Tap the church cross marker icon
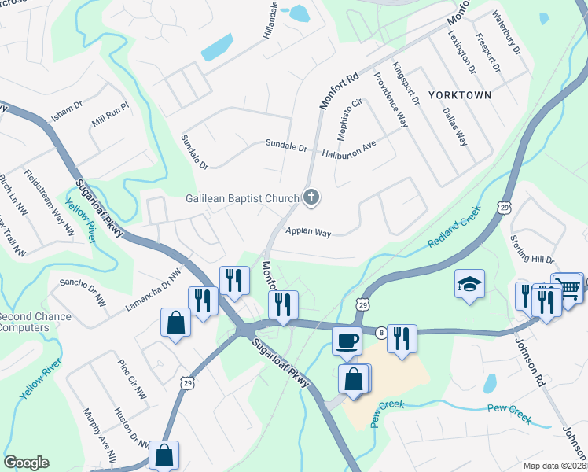pos(311,197)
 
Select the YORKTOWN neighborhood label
pos(460,95)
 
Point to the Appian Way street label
pos(308,232)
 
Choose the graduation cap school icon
pos(469,284)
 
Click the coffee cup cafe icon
pos(346,341)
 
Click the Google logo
pos(26,463)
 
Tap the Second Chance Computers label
pos(35,323)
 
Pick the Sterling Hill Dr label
pos(531,249)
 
